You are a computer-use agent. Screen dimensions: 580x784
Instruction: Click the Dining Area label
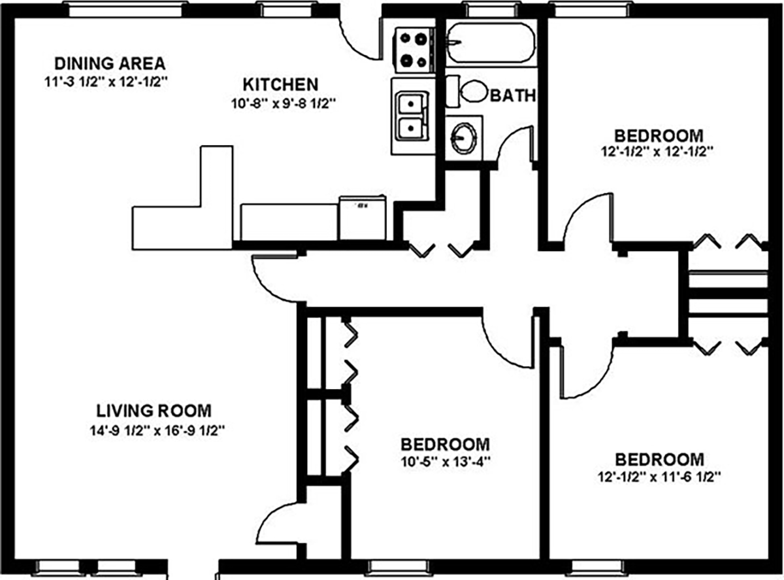tap(109, 63)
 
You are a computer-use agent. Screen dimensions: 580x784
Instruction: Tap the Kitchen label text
tap(280, 84)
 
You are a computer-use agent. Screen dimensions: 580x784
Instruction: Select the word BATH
tap(513, 96)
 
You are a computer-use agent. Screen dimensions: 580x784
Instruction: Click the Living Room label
tap(154, 411)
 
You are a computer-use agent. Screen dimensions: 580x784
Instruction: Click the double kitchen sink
tap(410, 114)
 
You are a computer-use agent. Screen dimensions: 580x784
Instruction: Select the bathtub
tap(491, 43)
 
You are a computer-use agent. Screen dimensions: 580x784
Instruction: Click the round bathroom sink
tap(463, 137)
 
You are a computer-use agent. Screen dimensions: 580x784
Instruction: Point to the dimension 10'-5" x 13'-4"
tap(444, 460)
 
